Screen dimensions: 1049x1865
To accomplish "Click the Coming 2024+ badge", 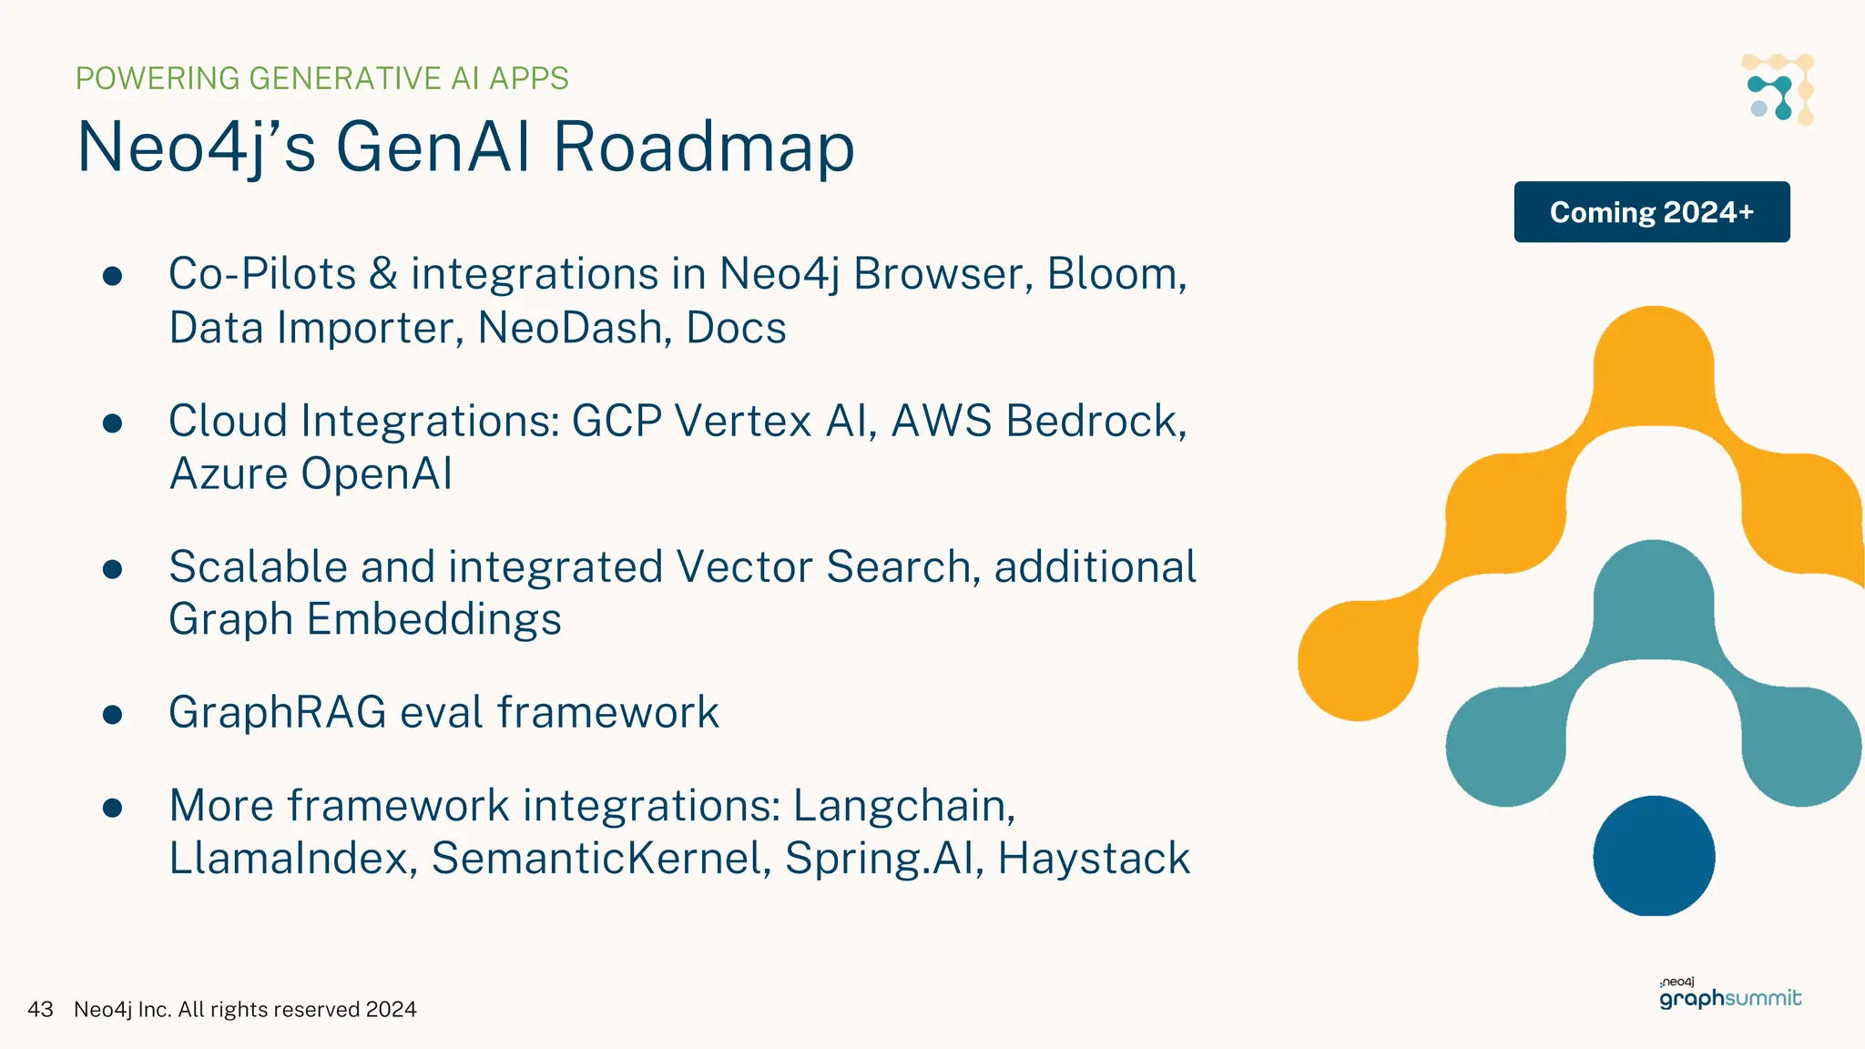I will (1651, 212).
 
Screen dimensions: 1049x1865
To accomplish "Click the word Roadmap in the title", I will (703, 148).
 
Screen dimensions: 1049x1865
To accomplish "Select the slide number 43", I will (40, 1009).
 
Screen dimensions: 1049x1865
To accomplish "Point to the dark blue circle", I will (1654, 856).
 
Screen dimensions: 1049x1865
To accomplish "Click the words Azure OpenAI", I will (311, 474).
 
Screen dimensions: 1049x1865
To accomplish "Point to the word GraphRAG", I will (278, 712).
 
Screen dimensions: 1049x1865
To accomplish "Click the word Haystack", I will (1093, 859).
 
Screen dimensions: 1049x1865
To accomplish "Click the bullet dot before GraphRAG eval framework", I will (113, 715).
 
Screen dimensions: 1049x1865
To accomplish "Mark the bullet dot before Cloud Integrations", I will (113, 423).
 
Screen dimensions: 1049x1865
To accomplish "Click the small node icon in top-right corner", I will (1778, 89).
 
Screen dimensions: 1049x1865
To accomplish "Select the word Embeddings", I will (433, 620).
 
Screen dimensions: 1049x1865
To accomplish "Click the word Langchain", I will (902, 806).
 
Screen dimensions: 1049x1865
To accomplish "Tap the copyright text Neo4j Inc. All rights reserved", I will (245, 1009).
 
